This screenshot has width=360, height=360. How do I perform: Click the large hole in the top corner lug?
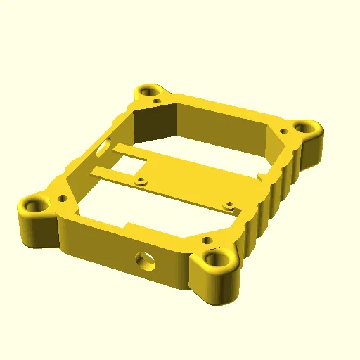pyautogui.click(x=150, y=91)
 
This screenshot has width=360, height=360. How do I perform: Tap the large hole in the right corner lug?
pyautogui.click(x=305, y=128)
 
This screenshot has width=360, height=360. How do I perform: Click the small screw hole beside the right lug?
pyautogui.click(x=283, y=131)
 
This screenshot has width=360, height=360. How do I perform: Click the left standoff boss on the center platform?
pyautogui.click(x=143, y=180)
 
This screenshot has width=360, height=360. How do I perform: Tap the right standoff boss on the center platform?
pyautogui.click(x=229, y=206)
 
